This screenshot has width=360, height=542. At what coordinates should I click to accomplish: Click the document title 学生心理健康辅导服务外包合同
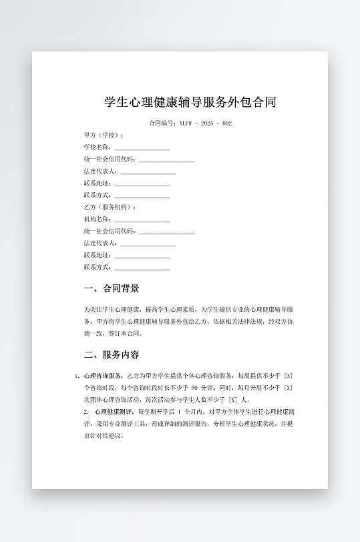coord(190,102)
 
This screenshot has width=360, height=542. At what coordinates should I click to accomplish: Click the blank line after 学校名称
coord(142,148)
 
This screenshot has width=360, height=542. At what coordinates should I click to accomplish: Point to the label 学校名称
coord(97,148)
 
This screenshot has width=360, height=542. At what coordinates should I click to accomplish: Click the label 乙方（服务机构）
coord(109,208)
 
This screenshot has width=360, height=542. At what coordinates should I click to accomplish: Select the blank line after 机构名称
coord(142,220)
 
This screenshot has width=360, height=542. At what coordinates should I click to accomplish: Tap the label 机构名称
coord(97,220)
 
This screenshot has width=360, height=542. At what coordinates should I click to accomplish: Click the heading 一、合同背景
coord(112,289)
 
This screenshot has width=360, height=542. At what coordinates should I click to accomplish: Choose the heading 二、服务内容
coord(112,354)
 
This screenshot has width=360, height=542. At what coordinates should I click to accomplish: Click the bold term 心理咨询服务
coord(104,376)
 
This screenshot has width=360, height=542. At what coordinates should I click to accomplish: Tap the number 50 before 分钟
coord(194,388)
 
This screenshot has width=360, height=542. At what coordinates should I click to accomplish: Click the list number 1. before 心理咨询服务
coord(77,376)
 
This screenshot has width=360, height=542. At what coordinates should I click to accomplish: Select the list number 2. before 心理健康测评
coord(86,412)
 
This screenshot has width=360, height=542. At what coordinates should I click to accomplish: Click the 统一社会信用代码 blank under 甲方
coord(166,160)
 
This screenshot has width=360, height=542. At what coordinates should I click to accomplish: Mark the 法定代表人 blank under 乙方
coord(148,244)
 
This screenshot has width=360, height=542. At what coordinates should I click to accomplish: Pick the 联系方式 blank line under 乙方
coord(142,268)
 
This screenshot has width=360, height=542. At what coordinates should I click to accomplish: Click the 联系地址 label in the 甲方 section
coord(97,184)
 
